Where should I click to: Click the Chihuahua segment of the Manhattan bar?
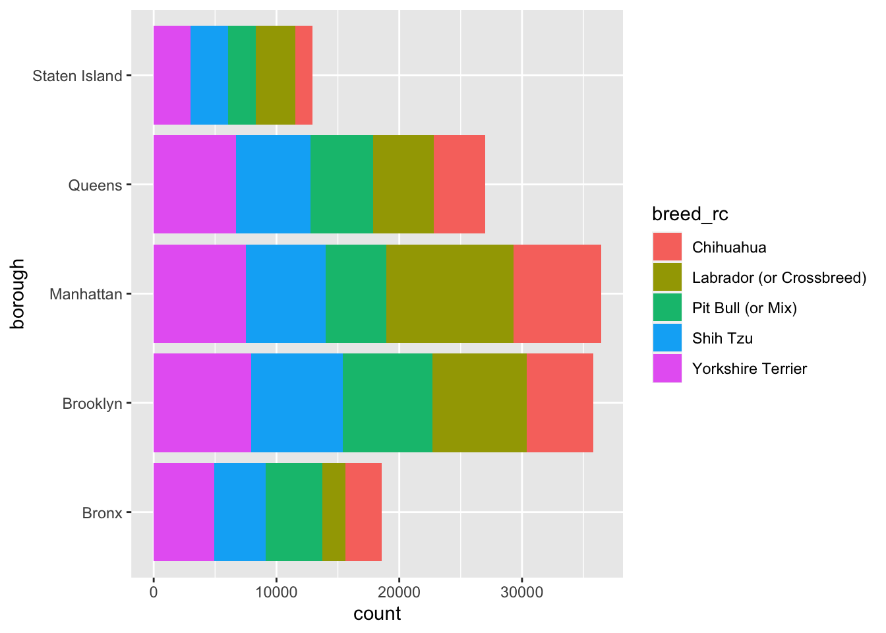[x=557, y=294]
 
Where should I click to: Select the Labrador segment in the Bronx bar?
[x=334, y=512]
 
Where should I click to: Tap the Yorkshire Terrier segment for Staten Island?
[x=172, y=75]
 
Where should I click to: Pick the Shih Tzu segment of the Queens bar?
[x=273, y=185]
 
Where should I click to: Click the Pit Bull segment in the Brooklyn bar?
[x=387, y=403]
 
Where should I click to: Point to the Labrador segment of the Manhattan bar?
[x=450, y=294]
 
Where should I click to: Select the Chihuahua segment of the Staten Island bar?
[x=304, y=75]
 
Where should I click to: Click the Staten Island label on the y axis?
[x=78, y=76]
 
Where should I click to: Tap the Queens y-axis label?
[x=96, y=185]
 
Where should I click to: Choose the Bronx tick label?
[x=102, y=513]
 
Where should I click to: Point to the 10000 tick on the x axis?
[x=276, y=592]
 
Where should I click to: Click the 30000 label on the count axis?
[x=521, y=592]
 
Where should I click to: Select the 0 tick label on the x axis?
[x=154, y=592]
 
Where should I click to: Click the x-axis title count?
[x=377, y=614]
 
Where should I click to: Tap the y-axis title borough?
[x=18, y=294]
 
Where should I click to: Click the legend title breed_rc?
[x=690, y=214]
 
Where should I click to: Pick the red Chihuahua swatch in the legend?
[x=667, y=247]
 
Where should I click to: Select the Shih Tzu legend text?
[x=723, y=338]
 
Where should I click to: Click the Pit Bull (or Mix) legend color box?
[x=667, y=308]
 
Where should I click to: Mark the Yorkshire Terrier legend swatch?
[x=667, y=369]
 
